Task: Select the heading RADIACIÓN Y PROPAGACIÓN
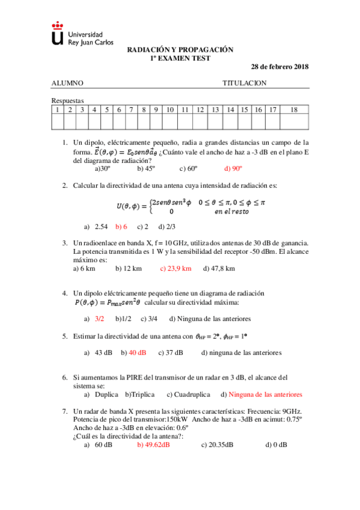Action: tap(180, 51)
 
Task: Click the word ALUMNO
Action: tap(67, 84)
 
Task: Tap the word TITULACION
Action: tap(245, 84)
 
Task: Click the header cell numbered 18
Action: tap(293, 109)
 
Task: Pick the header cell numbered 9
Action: tap(156, 109)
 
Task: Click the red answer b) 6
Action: tap(121, 226)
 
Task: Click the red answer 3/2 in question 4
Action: tap(100, 318)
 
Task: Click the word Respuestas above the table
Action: tap(67, 100)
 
